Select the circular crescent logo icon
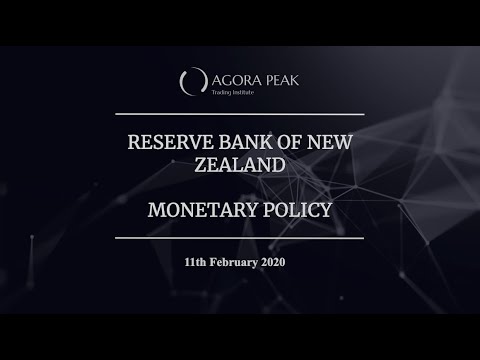tap(187, 81)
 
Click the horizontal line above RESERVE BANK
tap(240, 114)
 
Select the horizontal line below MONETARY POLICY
tap(240, 238)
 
